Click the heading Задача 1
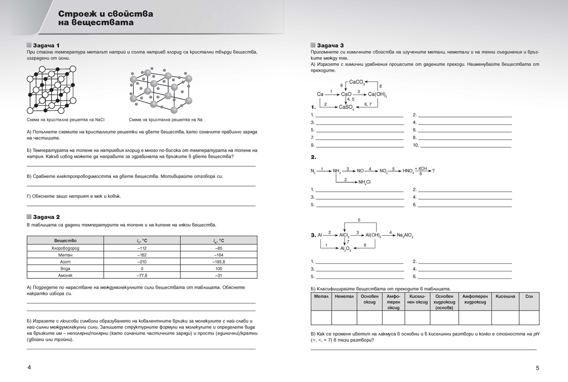click(x=46, y=44)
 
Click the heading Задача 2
click(x=46, y=217)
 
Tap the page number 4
click(x=29, y=367)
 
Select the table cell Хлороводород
click(x=65, y=248)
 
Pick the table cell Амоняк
click(x=65, y=275)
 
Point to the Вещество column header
click(x=65, y=240)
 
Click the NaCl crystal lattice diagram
click(x=52, y=89)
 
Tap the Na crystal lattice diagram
click(x=161, y=89)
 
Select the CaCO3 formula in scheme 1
click(x=357, y=82)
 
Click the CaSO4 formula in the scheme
click(x=346, y=107)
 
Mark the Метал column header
click(x=320, y=296)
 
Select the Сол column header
click(x=529, y=296)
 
